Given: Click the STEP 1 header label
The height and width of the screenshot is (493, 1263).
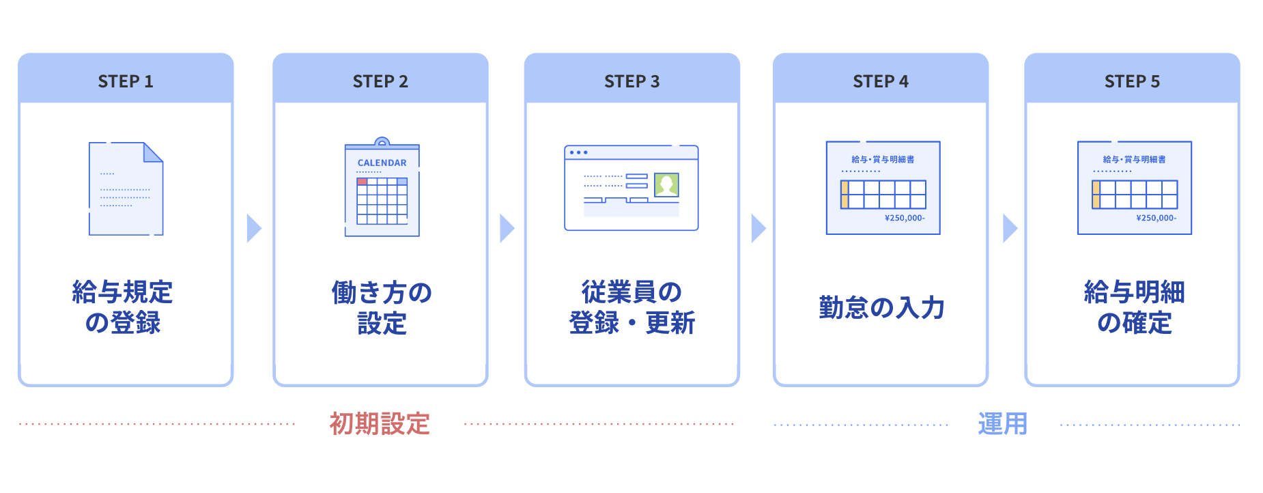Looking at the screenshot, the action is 126,81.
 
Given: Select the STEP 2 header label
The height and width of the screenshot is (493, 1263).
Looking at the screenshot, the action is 380,81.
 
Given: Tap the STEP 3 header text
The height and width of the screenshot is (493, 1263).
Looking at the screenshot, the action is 632,81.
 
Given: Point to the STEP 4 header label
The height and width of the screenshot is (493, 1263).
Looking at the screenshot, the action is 881,81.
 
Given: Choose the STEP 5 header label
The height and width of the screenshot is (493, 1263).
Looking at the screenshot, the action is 1132,81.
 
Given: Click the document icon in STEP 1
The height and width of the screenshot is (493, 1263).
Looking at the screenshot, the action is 126,188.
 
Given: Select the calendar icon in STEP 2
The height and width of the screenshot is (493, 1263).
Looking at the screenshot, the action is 382,187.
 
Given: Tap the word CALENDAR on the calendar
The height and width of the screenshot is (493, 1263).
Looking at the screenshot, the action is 382,163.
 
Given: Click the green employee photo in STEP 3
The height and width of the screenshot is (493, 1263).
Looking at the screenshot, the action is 666,184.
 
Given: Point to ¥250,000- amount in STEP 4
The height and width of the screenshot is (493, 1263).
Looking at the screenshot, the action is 905,218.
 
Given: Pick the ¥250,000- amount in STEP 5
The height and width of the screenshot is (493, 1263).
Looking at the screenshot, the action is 1156,218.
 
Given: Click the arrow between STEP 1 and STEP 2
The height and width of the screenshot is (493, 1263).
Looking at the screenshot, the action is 254,228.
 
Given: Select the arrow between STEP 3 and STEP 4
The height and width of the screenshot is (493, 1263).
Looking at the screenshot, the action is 758,228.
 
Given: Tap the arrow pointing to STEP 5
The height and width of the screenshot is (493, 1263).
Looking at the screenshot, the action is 1010,228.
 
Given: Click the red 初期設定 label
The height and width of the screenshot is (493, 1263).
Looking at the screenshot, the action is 380,423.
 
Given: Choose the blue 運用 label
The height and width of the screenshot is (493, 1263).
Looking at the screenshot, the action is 1002,424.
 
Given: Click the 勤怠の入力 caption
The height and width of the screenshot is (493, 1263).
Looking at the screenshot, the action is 881,307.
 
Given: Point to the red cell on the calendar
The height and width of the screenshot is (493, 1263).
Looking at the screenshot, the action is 362,182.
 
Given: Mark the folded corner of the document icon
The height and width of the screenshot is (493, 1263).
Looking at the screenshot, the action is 154,152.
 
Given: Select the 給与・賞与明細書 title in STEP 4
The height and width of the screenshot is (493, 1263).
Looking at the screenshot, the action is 883,159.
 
